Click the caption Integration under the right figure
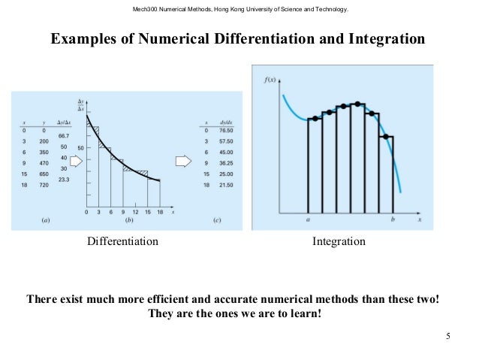(339, 242)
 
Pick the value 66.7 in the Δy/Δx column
(63, 135)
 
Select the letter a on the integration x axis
(309, 221)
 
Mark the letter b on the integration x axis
(393, 221)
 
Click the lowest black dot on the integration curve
(384, 137)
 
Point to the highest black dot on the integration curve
(358, 104)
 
